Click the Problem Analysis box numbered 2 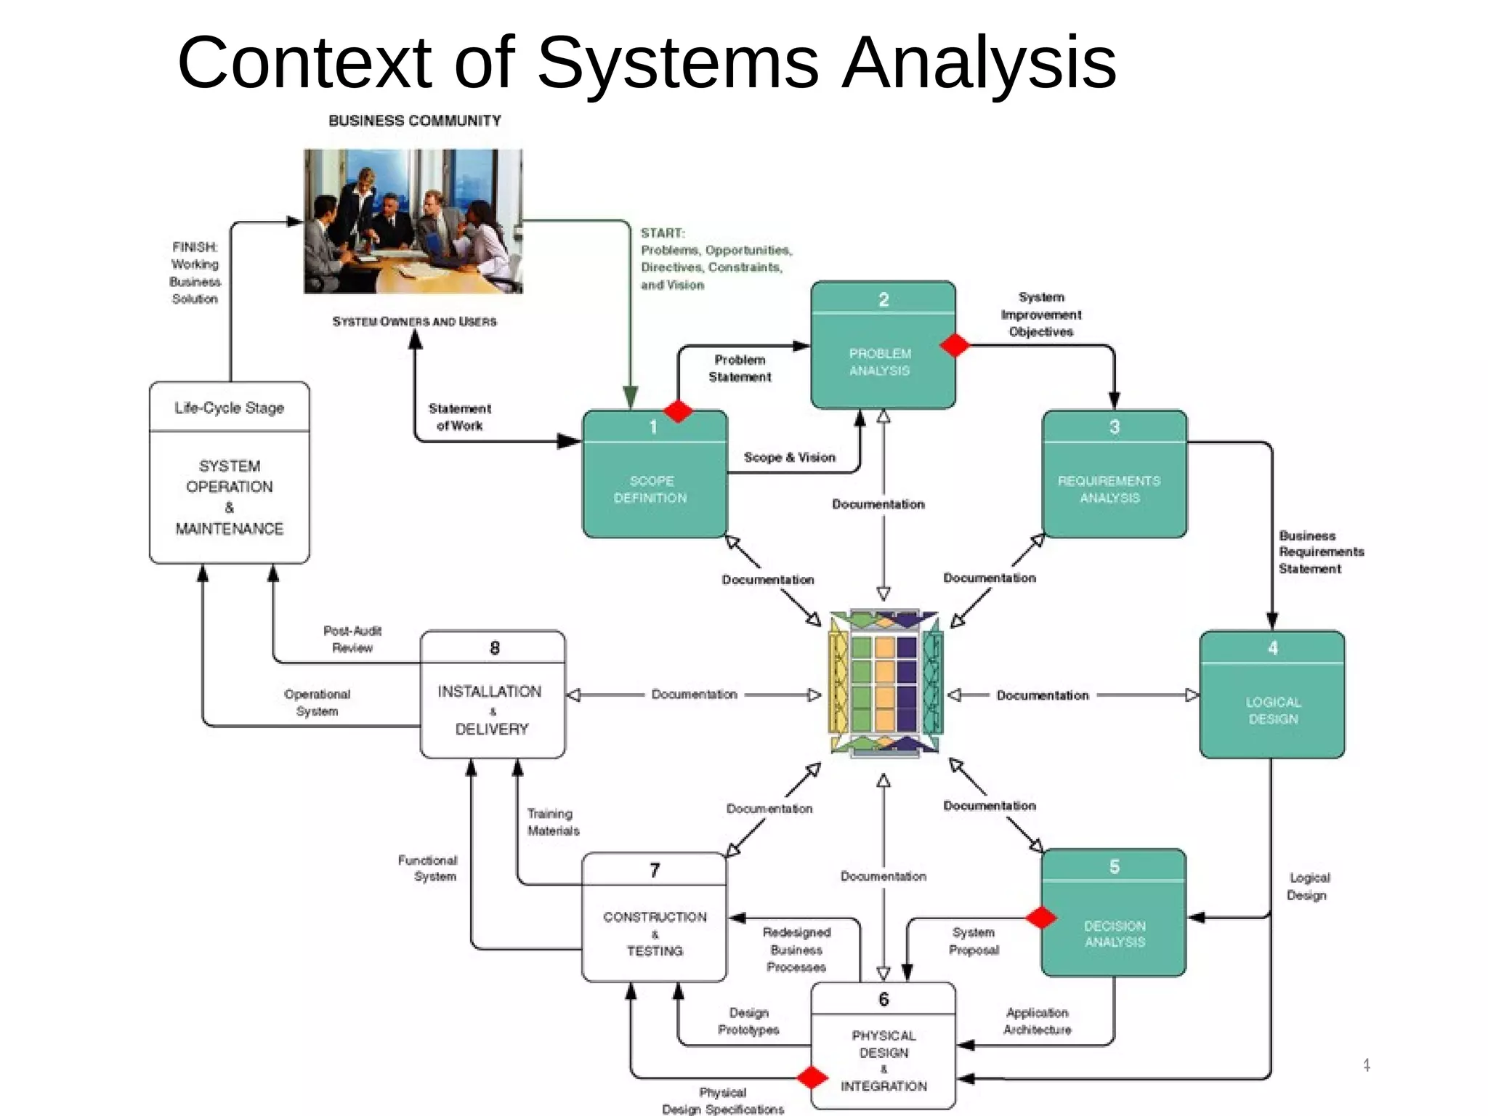[882, 345]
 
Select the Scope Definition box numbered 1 [654, 474]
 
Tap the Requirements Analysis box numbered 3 [1114, 474]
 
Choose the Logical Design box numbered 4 [1271, 695]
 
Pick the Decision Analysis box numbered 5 [1114, 913]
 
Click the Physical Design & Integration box [883, 1046]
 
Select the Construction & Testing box [654, 918]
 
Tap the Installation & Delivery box [493, 695]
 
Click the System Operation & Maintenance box [230, 472]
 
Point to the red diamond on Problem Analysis [955, 345]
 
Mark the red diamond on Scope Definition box [678, 411]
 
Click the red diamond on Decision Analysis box [1041, 918]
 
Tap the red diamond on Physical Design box [812, 1077]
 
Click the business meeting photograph [413, 221]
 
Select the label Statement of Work [459, 417]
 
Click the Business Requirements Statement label [1320, 552]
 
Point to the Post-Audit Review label [352, 639]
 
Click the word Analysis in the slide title [978, 63]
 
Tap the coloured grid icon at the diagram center [885, 684]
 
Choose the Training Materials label [552, 822]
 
